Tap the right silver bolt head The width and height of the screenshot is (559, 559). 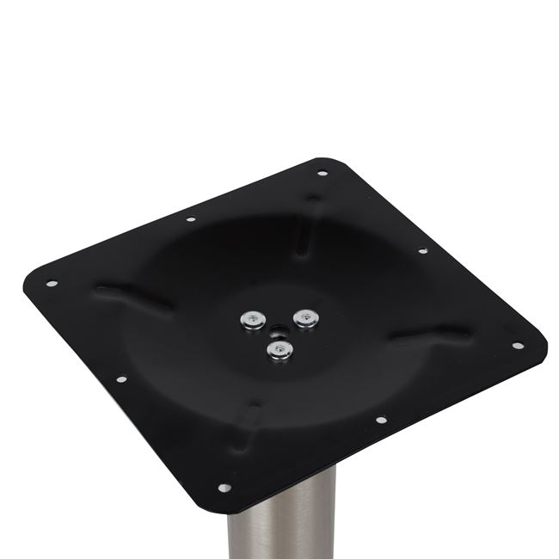[x=303, y=318]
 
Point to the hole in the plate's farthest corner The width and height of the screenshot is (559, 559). [x=322, y=174]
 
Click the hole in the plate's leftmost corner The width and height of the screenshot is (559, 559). [x=52, y=283]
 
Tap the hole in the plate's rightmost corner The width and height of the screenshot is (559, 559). [x=517, y=346]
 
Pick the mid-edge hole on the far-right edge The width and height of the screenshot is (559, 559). [x=422, y=251]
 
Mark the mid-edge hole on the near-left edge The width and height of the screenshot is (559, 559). [x=121, y=378]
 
